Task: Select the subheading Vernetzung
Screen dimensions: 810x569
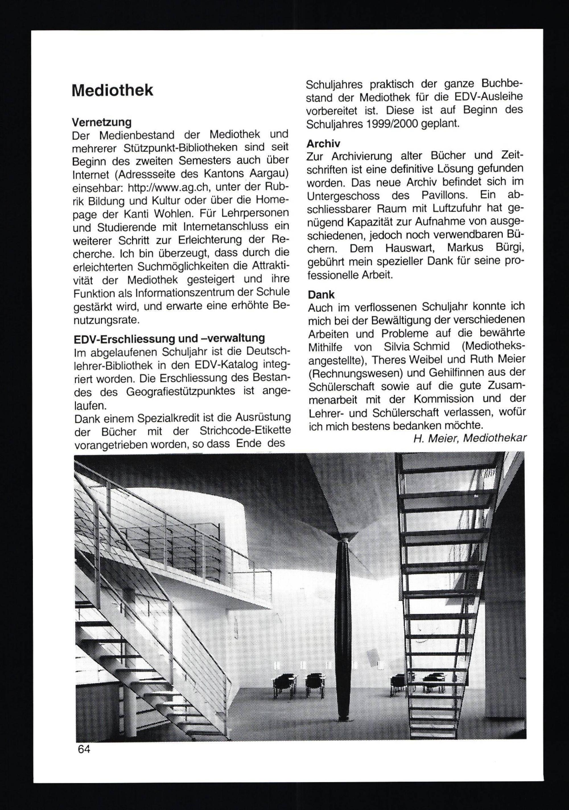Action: click(x=102, y=122)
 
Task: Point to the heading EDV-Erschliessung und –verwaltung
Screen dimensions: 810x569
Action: click(x=169, y=338)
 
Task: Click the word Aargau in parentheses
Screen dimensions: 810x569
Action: click(x=270, y=174)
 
